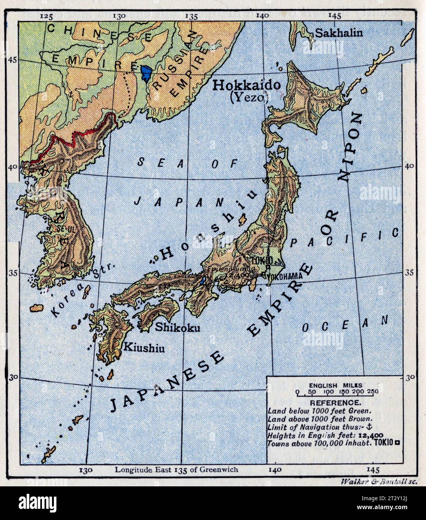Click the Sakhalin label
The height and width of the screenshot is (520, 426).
point(339,33)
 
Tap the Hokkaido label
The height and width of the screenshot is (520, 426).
point(246,85)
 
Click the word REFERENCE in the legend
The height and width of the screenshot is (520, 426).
point(336,403)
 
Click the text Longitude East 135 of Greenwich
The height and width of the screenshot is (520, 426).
point(176,469)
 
